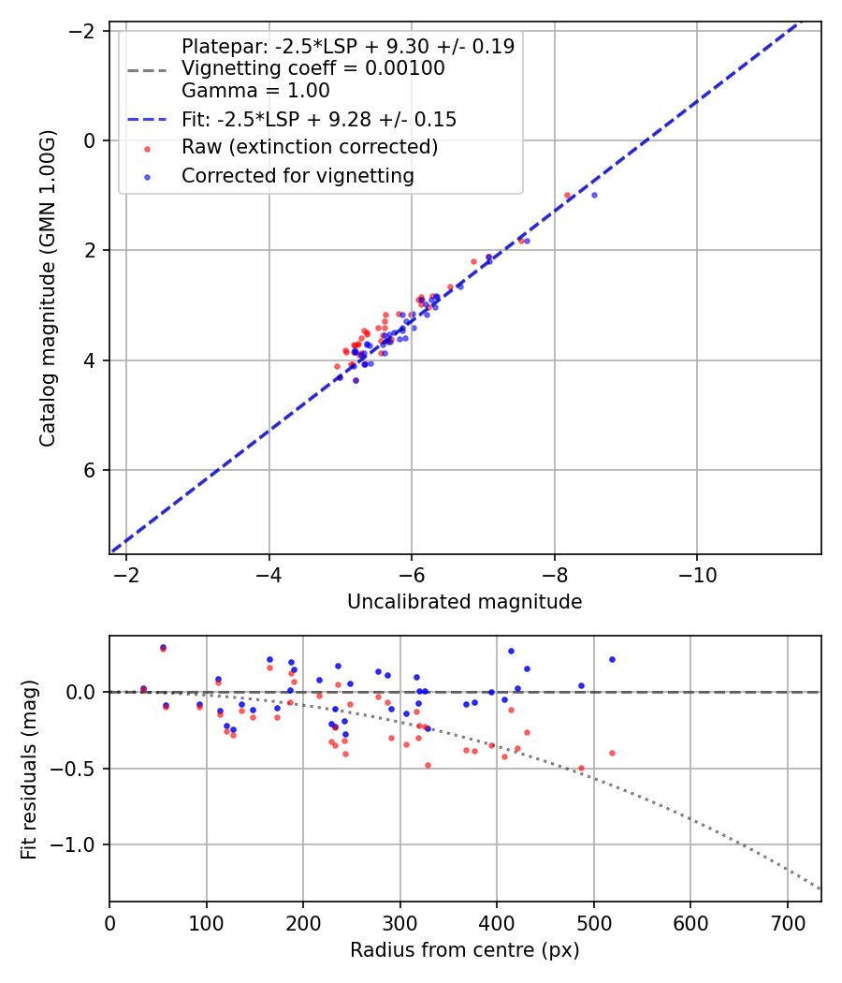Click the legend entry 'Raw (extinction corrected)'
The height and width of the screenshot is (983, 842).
tap(309, 147)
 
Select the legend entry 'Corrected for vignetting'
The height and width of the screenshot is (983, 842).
tap(298, 175)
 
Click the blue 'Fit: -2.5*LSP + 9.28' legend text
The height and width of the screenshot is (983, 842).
tap(318, 119)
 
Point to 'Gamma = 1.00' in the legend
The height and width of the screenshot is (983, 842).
tap(255, 91)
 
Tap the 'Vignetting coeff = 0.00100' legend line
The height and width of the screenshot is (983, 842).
tap(312, 68)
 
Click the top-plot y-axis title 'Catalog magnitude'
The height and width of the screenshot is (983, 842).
tap(48, 288)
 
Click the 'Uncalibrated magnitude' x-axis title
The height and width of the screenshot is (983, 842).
tap(464, 602)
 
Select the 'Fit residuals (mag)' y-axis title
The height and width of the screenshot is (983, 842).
tap(29, 769)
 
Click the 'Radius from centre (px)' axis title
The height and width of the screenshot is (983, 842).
tap(464, 950)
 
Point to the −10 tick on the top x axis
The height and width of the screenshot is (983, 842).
tap(697, 574)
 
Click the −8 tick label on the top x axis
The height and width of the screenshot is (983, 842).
tap(555, 574)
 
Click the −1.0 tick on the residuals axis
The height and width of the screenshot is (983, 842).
tap(81, 845)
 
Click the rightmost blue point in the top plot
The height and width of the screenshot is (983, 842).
tap(594, 195)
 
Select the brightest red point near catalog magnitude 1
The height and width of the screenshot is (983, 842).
tap(567, 196)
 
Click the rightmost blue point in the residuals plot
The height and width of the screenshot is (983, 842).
tap(612, 659)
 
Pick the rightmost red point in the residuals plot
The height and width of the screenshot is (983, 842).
tap(612, 753)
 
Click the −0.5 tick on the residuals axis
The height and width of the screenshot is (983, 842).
tap(81, 769)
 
